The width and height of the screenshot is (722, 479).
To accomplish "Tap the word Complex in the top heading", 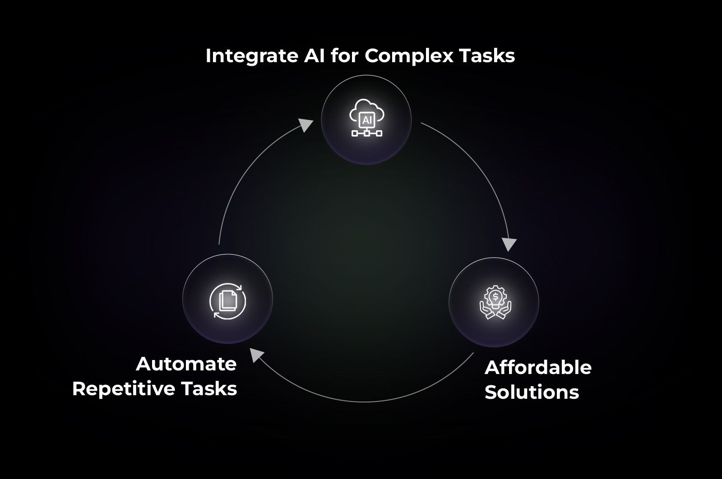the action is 408,56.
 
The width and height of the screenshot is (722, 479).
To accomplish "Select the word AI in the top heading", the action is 312,56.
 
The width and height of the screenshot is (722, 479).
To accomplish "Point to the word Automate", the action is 186,364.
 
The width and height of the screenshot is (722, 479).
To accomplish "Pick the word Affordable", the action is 538,368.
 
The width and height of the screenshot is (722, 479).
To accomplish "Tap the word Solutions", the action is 532,392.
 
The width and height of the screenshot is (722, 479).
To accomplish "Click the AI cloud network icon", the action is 366,119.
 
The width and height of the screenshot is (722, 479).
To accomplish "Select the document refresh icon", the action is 228,301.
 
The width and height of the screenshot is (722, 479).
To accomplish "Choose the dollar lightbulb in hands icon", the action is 495,302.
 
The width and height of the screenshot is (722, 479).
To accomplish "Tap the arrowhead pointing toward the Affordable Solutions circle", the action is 509,245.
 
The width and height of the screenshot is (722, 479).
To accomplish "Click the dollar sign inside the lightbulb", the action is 495,296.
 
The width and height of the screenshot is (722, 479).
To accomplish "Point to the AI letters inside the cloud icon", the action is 366,120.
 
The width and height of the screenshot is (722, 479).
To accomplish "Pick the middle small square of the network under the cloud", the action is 366,133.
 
